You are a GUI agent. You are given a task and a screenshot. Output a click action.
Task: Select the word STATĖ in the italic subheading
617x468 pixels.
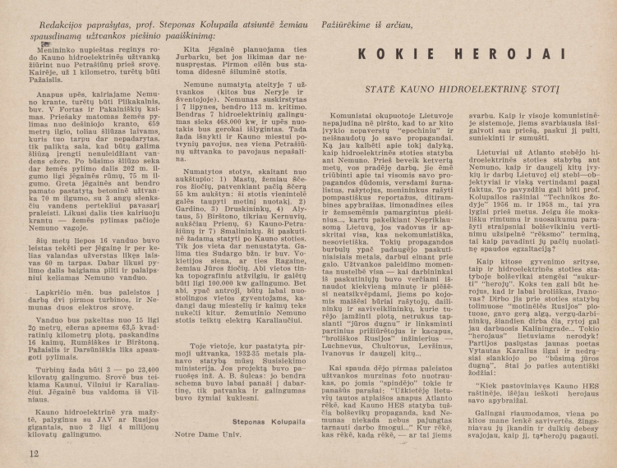(349, 85)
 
